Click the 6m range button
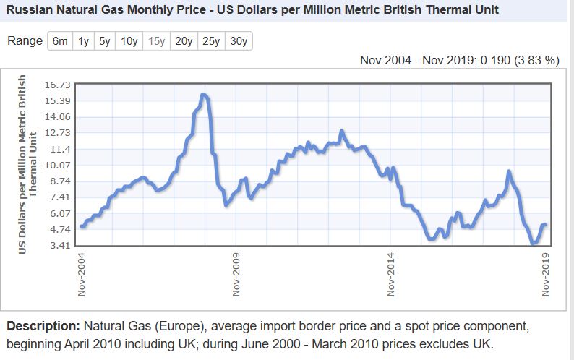60,41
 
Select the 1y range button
84,41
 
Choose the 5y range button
104,41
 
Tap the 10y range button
129,41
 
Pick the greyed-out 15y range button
157,41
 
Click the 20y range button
184,41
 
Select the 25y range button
211,41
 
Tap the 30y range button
239,41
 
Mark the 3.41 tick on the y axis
58,246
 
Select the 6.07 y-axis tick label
58,214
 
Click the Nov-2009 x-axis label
236,274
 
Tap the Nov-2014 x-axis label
391,274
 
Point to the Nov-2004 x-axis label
82,274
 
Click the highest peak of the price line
203,95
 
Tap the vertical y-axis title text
27,165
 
